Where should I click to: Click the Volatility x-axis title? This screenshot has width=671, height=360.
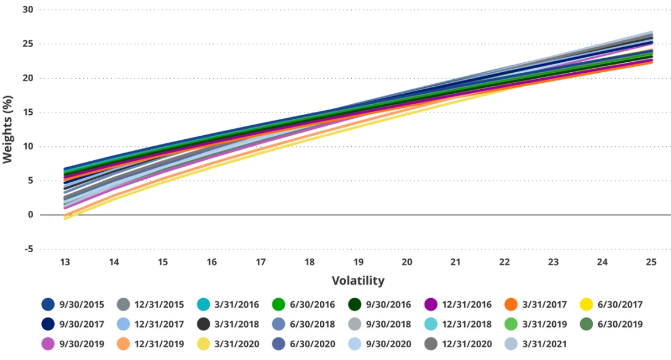pyautogui.click(x=358, y=281)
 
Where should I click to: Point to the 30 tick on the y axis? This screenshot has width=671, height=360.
pyautogui.click(x=28, y=10)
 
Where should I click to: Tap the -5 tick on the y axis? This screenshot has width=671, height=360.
pyautogui.click(x=28, y=249)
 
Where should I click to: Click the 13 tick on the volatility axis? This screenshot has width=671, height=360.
pyautogui.click(x=65, y=262)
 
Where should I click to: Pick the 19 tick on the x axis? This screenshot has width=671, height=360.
pyautogui.click(x=358, y=262)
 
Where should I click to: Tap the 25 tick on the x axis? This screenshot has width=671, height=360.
pyautogui.click(x=651, y=262)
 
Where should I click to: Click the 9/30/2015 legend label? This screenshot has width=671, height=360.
pyautogui.click(x=82, y=305)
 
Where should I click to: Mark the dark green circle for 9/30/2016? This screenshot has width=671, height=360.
pyautogui.click(x=356, y=305)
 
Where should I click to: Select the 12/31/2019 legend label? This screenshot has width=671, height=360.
pyautogui.click(x=159, y=344)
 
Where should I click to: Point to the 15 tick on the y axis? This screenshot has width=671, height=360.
pyautogui.click(x=28, y=112)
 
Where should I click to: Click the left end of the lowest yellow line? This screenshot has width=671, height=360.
pyautogui.click(x=65, y=218)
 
